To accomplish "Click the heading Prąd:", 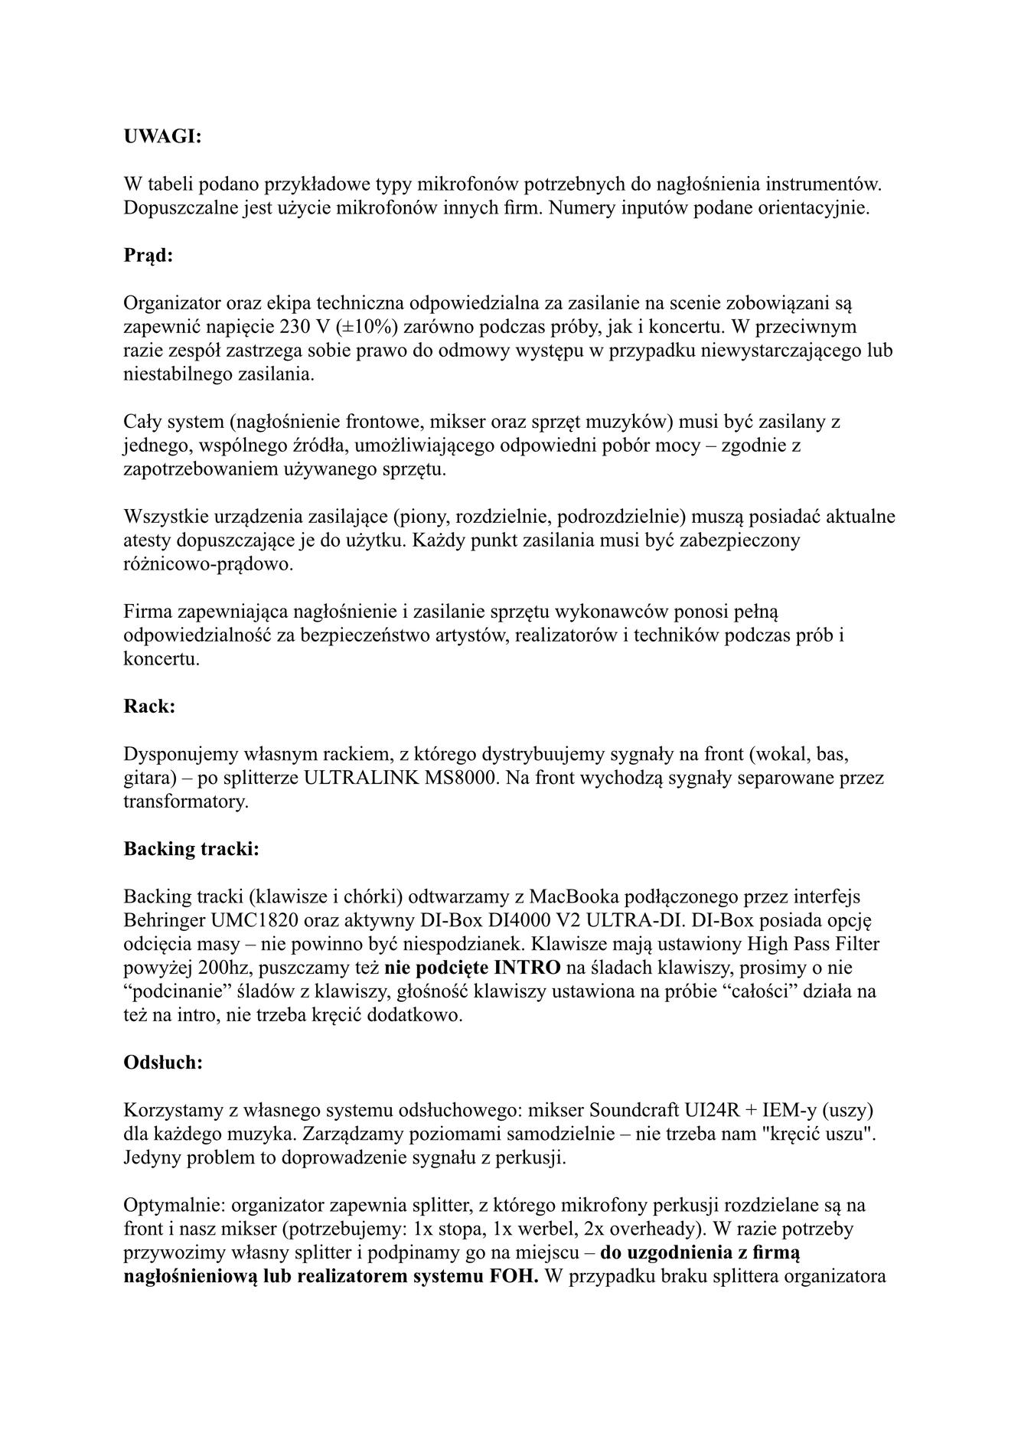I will click(148, 255).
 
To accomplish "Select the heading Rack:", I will click(149, 706).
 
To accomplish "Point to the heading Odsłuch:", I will click(163, 1062).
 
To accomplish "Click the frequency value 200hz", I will click(218, 968).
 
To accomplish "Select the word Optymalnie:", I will click(170, 1205).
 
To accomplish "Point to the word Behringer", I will click(158, 919).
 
